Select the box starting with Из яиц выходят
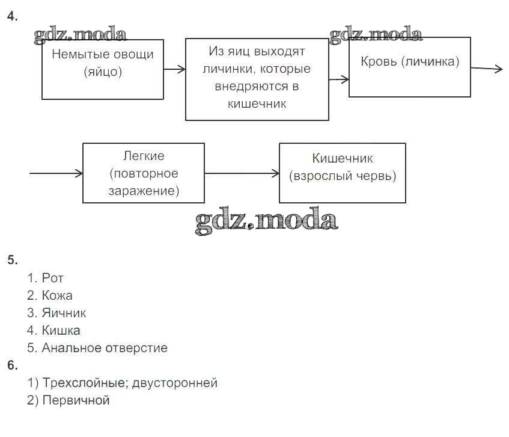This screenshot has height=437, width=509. pos(257,79)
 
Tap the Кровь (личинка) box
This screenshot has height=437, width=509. pos(409,66)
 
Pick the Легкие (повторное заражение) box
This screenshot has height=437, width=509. pos(143,173)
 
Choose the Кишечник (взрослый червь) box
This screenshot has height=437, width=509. pos(342,172)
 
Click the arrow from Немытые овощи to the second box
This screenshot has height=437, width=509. pos(174,69)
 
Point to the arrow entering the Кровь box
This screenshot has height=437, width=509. pos(339,79)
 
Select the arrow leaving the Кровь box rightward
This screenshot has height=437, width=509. pos(486,69)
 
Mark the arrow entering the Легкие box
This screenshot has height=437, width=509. pos(56,173)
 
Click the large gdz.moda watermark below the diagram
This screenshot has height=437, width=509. pos(266,222)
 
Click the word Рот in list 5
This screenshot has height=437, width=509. pos(53,278)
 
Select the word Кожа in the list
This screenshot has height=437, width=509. pos(57,296)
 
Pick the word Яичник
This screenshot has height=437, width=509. pos(64,313)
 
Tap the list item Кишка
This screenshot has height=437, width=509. pos(61,330)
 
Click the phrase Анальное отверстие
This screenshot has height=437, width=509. pos(105,348)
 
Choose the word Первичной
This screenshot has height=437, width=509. pos(76,400)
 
